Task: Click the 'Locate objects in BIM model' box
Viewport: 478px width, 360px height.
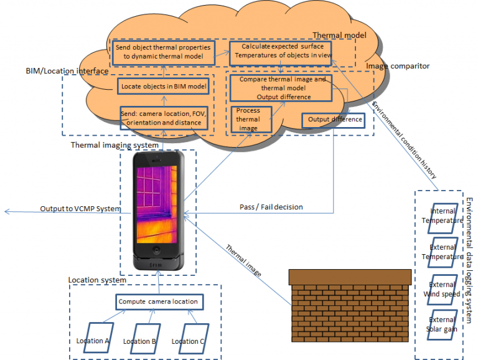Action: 164,87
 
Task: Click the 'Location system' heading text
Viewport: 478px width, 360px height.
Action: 97,280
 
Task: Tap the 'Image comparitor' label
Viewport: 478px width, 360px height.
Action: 398,65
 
